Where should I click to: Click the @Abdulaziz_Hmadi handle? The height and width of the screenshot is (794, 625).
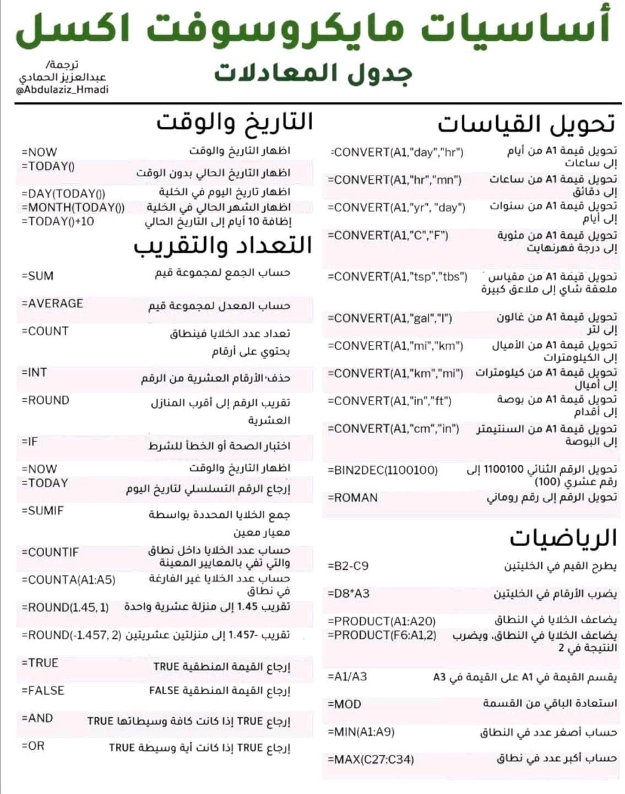[x=62, y=90]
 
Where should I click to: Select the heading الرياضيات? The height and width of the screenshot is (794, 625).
[x=562, y=538]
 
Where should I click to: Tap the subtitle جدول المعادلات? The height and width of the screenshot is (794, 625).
[x=313, y=73]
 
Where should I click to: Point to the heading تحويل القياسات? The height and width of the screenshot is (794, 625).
[x=526, y=124]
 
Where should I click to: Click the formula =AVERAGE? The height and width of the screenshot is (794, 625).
[x=52, y=303]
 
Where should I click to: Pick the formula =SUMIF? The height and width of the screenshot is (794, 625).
[x=42, y=510]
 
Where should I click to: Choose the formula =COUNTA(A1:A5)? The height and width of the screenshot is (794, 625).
[x=68, y=580]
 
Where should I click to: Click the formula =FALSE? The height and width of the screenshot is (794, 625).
[x=43, y=690]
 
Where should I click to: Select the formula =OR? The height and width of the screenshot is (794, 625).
[x=32, y=746]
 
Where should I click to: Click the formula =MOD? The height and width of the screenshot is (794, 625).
[x=345, y=704]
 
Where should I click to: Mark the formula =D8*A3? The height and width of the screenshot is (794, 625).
[x=349, y=594]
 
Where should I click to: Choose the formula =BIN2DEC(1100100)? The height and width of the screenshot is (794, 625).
[x=383, y=470]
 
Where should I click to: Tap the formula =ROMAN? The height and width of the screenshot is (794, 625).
[x=353, y=498]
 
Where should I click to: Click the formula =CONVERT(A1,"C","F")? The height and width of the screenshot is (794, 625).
[x=388, y=236]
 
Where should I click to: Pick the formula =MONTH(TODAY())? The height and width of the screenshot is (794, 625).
[x=73, y=208]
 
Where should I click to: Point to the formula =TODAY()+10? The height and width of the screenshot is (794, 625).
[x=58, y=221]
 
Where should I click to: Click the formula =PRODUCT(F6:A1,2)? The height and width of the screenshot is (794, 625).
[x=382, y=635]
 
